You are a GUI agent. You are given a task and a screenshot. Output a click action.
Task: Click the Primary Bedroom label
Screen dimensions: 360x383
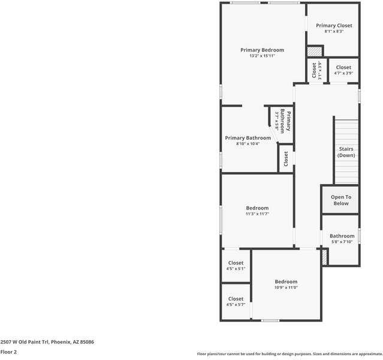262,50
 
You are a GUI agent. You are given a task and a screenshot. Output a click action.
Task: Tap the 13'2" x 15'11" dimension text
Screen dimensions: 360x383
262,56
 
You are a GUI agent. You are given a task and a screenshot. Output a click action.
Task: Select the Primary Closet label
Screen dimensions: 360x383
334,25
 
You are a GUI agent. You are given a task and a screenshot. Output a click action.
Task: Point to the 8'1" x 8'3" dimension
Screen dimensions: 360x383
334,31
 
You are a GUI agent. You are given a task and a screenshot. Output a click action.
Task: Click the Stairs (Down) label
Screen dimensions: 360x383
346,152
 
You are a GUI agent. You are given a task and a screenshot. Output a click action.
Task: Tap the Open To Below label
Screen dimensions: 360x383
341,200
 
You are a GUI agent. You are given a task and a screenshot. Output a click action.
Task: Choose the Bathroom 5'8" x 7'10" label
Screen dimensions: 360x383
342,239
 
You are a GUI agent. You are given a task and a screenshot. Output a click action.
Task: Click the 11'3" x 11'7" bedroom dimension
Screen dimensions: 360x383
257,214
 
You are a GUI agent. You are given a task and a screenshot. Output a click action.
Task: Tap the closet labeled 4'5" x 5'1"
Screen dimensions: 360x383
236,266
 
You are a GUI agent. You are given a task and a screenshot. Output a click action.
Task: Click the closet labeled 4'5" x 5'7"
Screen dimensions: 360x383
236,301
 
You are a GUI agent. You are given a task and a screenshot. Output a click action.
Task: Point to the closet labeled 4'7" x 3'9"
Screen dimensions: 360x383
343,70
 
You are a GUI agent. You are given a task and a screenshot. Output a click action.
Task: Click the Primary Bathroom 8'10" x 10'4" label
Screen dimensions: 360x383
248,140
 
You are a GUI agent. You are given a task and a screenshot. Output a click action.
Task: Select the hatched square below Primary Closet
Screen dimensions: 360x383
315,52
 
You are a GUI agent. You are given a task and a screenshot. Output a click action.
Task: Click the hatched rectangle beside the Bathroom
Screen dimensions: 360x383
325,257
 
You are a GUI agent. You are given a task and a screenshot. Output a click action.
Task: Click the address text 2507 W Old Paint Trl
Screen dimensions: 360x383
47,341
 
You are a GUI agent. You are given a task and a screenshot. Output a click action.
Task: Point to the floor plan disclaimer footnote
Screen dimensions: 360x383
289,354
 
